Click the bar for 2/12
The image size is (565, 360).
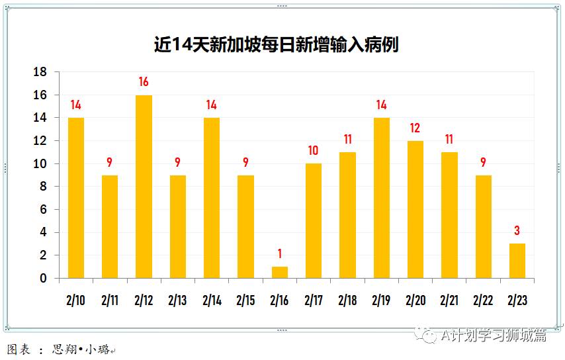tap(144, 187)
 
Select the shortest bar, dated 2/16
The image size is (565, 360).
tap(280, 272)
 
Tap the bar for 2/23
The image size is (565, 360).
tap(517, 261)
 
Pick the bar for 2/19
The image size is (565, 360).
tap(382, 198)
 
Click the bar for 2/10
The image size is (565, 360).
tap(76, 198)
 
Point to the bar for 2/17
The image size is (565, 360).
tap(314, 221)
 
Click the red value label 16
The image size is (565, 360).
tap(144, 83)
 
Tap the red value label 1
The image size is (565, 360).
tap(280, 253)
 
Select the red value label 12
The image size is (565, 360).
tap(415, 128)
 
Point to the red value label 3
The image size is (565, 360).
tap(517, 231)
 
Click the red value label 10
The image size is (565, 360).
tap(314, 151)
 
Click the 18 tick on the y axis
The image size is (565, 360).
tap(40, 72)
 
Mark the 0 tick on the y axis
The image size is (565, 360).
tap(43, 279)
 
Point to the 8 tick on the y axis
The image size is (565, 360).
tap(43, 187)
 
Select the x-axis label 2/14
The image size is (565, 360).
tap(212, 300)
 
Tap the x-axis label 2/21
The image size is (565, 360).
tap(449, 300)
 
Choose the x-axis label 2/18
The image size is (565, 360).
tap(347, 300)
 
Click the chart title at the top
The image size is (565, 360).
tap(276, 45)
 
